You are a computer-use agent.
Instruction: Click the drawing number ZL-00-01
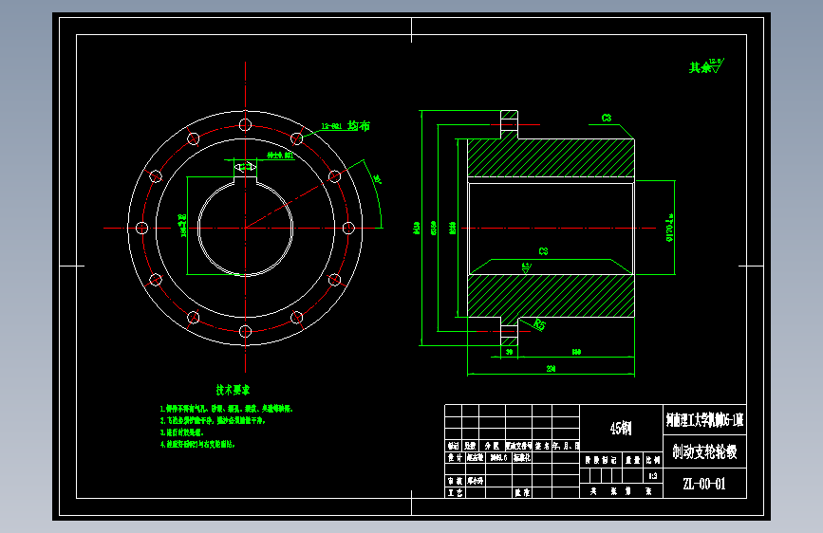coord(703,485)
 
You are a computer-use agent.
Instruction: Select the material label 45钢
coord(619,428)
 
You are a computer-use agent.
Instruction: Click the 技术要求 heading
coord(233,390)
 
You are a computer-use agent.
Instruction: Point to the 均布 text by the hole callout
coord(359,125)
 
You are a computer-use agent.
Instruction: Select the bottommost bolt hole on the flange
coord(245,331)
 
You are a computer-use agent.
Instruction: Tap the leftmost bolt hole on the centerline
coord(141,228)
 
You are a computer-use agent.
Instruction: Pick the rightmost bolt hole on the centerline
coord(348,228)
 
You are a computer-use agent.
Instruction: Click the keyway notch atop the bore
coord(245,169)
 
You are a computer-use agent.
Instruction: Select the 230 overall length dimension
coord(549,367)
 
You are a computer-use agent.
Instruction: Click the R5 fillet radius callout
coord(539,325)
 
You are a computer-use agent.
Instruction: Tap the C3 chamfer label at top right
coord(606,119)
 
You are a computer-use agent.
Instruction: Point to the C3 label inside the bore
coord(543,251)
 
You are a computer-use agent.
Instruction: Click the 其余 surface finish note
coord(701,67)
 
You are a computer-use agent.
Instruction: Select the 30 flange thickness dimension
coord(509,352)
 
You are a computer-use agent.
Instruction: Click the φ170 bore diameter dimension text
coord(669,227)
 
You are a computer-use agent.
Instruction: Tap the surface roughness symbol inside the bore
coord(525,267)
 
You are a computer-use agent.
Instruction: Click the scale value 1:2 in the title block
coord(650,475)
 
